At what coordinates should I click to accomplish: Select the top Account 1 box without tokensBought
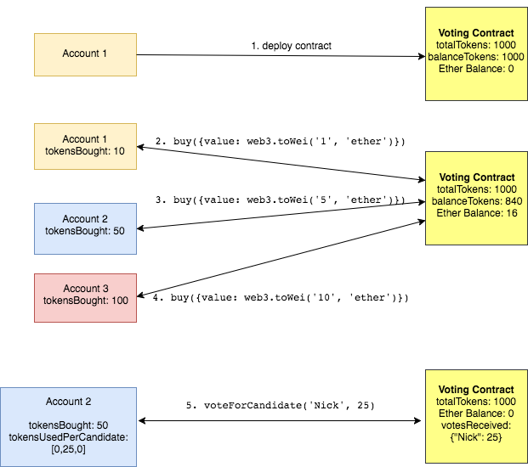(x=85, y=54)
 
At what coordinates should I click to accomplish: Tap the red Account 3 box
(x=85, y=298)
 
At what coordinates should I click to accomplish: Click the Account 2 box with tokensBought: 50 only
(x=85, y=228)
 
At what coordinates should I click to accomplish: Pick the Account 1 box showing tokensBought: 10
(x=85, y=145)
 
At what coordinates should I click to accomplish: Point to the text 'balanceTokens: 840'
(x=476, y=200)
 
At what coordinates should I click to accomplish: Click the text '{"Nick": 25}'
(x=476, y=437)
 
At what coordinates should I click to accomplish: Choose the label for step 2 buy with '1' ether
(x=280, y=141)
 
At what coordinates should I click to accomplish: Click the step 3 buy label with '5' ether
(x=280, y=200)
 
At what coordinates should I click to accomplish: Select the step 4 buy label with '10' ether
(x=281, y=297)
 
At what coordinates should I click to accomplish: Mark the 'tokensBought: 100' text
(x=85, y=301)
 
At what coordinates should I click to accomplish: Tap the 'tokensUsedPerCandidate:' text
(x=68, y=436)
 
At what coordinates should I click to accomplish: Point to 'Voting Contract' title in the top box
(x=476, y=33)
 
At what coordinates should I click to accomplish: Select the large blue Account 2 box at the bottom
(x=68, y=427)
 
